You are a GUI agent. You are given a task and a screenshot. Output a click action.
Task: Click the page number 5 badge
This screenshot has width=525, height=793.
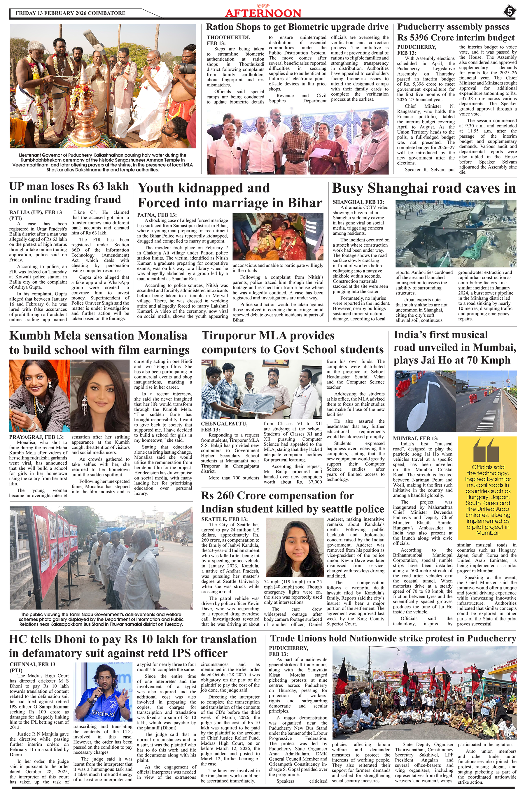(509, 12)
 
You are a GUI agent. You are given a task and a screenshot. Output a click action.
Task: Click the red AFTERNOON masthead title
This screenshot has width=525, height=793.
(263, 13)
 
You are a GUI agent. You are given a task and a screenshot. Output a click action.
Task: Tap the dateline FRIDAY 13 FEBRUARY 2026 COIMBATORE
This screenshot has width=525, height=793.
(70, 13)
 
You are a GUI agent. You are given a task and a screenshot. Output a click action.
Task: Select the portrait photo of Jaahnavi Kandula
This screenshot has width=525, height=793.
(295, 546)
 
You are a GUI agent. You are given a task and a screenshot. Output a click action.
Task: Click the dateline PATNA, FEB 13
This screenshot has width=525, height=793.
(157, 215)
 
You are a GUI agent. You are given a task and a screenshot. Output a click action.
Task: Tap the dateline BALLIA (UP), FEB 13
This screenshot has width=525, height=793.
(36, 212)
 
